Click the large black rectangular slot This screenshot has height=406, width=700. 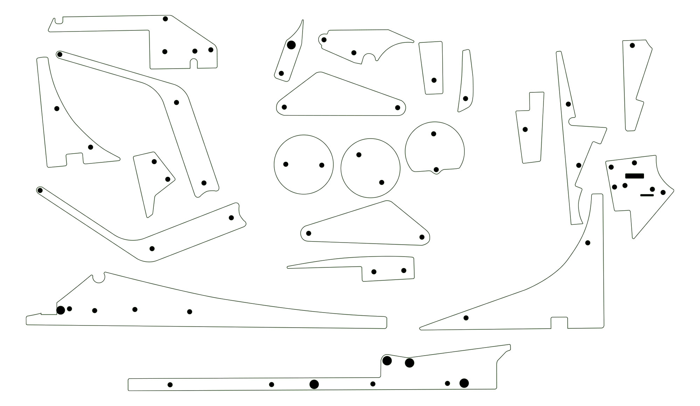(x=634, y=176)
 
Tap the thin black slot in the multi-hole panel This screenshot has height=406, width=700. (x=647, y=195)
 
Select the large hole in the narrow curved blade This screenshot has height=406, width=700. (x=291, y=45)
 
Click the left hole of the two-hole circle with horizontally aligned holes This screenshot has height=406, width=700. (x=286, y=164)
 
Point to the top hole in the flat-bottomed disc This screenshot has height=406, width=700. (x=434, y=134)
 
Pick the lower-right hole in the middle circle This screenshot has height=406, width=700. (x=382, y=182)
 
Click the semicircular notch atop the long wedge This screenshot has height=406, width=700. (x=99, y=278)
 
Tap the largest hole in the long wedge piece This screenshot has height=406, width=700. (x=61, y=310)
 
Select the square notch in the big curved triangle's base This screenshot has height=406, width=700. (x=559, y=322)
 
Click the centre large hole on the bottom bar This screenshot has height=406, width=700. (x=314, y=384)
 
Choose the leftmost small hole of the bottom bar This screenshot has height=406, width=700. (x=170, y=385)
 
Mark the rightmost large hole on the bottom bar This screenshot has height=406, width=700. (x=464, y=383)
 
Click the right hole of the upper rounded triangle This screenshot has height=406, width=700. (x=397, y=107)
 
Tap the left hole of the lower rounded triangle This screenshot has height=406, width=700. (x=309, y=233)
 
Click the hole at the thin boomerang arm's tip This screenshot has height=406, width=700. (x=40, y=190)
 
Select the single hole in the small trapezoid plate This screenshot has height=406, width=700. (x=434, y=80)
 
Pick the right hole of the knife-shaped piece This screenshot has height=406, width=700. (x=404, y=271)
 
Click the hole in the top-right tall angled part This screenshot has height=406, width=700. (x=632, y=45)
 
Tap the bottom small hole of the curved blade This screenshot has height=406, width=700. (x=281, y=73)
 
